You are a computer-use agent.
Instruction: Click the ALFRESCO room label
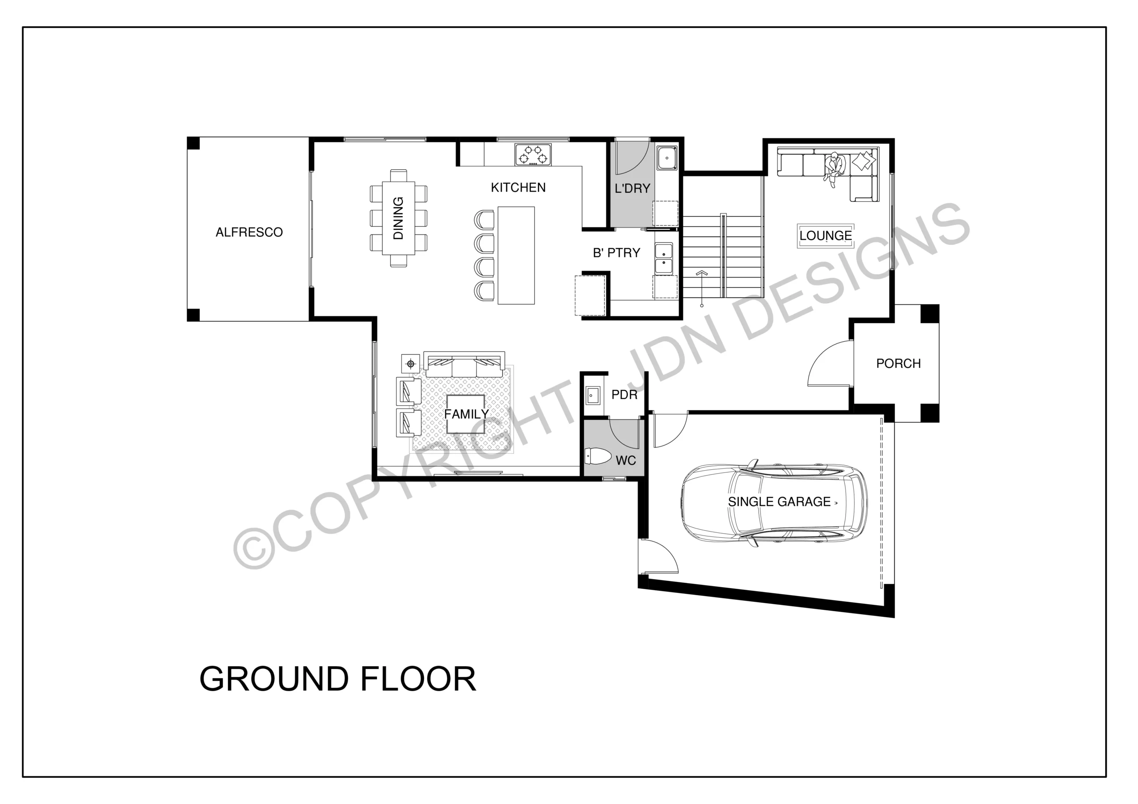(249, 232)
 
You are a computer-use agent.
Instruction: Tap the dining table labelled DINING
(398, 218)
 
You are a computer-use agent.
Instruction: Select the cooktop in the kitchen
(533, 154)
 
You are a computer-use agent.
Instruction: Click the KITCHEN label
(518, 188)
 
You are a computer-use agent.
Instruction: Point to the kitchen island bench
(516, 255)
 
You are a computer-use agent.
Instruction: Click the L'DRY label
(632, 188)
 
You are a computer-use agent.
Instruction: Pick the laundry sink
(667, 158)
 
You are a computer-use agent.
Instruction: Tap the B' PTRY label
(617, 253)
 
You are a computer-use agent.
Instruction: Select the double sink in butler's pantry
(664, 258)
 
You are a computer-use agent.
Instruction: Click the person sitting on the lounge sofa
(835, 168)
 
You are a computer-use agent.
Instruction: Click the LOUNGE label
(826, 236)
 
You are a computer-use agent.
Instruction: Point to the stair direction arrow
(701, 288)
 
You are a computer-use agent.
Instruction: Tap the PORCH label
(898, 364)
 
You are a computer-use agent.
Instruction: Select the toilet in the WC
(598, 456)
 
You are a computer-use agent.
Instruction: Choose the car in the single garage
(774, 503)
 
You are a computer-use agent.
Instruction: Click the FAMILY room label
(466, 414)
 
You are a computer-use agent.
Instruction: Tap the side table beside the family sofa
(410, 364)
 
